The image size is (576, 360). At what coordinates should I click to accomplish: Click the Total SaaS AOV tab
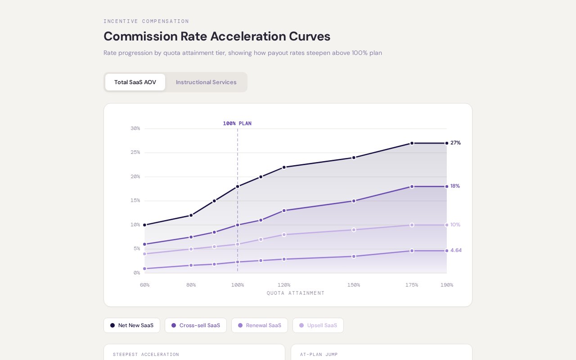(x=135, y=82)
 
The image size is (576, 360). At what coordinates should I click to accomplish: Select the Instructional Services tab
(x=206, y=82)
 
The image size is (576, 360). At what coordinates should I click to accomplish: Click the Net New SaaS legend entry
(x=132, y=325)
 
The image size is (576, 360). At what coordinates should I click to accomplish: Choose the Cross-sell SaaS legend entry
(x=196, y=325)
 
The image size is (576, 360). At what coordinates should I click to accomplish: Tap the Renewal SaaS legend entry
(x=260, y=325)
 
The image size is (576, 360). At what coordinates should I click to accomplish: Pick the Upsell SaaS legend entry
(x=318, y=325)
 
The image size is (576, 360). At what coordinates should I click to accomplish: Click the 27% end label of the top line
(x=455, y=143)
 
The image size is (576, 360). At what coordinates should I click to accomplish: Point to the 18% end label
(x=455, y=186)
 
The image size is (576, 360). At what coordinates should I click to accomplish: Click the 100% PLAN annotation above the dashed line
(x=237, y=123)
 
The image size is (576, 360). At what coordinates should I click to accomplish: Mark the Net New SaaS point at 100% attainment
(x=238, y=186)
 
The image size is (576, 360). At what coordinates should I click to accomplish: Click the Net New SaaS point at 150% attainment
(x=354, y=157)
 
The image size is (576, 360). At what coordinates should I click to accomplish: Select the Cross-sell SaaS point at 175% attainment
(x=412, y=186)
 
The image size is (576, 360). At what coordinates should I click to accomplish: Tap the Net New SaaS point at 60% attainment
(x=144, y=225)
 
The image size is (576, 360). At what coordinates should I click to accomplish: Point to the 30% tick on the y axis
(x=135, y=129)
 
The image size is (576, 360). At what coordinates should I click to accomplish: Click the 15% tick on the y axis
(x=135, y=201)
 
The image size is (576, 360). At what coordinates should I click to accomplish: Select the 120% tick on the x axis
(x=284, y=285)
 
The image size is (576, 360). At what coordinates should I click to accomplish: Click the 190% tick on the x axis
(x=446, y=285)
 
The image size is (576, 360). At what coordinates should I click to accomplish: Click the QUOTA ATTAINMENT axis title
(x=296, y=293)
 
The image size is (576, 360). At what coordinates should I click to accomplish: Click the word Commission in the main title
(x=141, y=36)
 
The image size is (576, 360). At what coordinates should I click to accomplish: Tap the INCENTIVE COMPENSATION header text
(x=146, y=21)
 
